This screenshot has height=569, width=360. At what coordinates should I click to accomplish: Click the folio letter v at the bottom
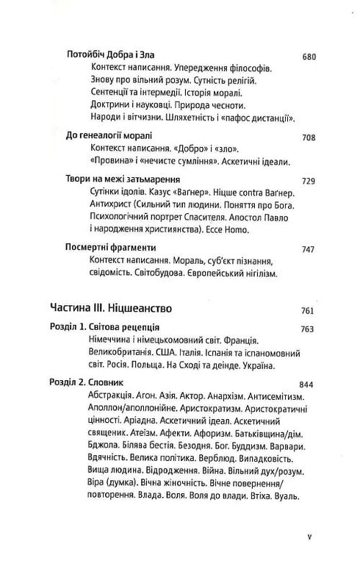point(311,537)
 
